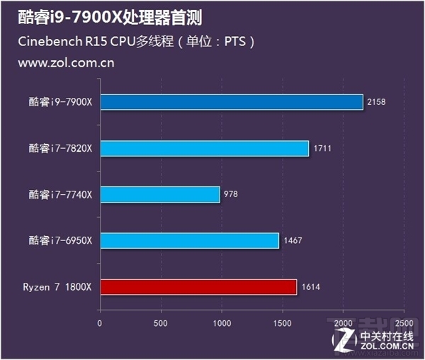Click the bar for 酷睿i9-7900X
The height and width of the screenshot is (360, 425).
pos(232,102)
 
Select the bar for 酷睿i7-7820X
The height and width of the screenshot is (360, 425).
pos(205,148)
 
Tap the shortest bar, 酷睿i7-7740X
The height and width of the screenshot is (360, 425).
pos(160,194)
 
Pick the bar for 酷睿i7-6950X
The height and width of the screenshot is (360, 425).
pos(190,240)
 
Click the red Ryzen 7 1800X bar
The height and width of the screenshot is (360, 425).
pos(198,286)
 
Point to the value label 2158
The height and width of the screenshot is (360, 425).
pos(377,102)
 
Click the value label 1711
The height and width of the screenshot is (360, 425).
pos(322,148)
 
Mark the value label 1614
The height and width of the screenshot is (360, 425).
pos(310,286)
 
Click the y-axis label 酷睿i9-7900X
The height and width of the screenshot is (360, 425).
pos(61,102)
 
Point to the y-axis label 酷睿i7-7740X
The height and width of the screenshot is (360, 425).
pos(61,194)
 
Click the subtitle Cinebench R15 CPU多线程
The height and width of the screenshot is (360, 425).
pos(99,41)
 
